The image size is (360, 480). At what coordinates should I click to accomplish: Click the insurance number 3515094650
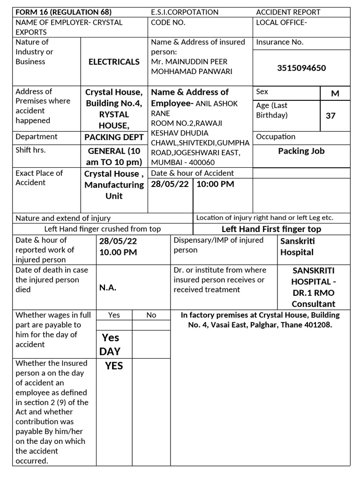pyautogui.click(x=301, y=68)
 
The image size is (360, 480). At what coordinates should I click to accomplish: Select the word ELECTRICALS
pyautogui.click(x=114, y=61)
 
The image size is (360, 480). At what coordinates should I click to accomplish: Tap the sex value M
pyautogui.click(x=335, y=93)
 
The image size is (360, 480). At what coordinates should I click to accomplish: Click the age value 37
pyautogui.click(x=330, y=115)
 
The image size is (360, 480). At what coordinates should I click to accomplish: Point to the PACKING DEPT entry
pyautogui.click(x=114, y=137)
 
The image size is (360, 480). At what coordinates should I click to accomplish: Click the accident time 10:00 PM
pyautogui.click(x=215, y=184)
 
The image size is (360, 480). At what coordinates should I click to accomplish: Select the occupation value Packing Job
pyautogui.click(x=301, y=151)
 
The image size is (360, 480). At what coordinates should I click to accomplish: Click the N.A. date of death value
pyautogui.click(x=108, y=288)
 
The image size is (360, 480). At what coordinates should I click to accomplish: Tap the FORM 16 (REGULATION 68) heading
pyautogui.click(x=64, y=12)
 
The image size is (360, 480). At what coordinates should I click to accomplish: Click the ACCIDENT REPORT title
pyautogui.click(x=288, y=12)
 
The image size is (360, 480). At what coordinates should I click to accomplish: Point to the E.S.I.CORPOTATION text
pyautogui.click(x=185, y=12)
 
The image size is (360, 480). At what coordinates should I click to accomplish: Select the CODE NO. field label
pyautogui.click(x=168, y=22)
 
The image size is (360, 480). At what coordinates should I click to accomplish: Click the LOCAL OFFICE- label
pyautogui.click(x=281, y=22)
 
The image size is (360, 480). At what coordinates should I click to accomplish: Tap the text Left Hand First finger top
pyautogui.click(x=271, y=229)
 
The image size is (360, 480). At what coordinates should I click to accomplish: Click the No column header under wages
pyautogui.click(x=151, y=315)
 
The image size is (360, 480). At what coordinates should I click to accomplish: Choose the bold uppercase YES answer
pyautogui.click(x=114, y=366)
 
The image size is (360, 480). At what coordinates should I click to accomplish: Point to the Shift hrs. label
pyautogui.click(x=30, y=150)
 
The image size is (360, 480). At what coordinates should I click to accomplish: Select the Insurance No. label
pyautogui.click(x=279, y=42)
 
